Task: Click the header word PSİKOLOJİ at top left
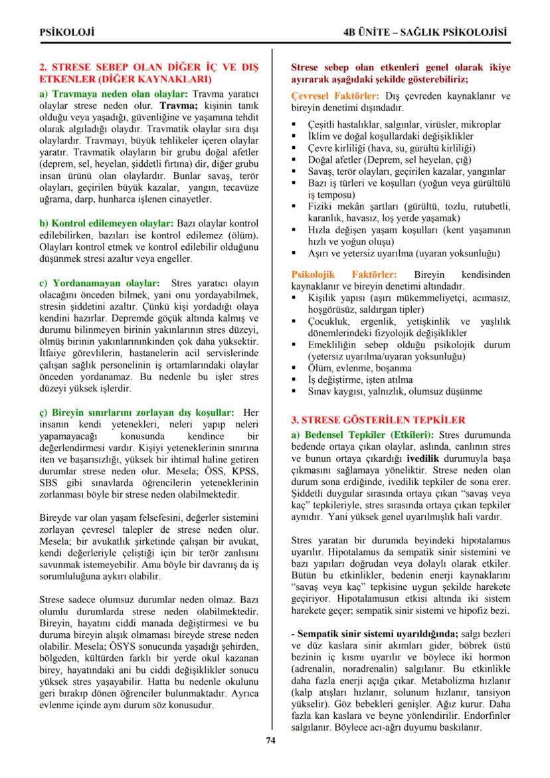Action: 67,31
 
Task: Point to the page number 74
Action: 270,741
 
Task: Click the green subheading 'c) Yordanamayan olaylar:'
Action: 100,284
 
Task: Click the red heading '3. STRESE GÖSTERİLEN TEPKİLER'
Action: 379,420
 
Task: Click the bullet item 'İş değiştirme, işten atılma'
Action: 365,379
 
